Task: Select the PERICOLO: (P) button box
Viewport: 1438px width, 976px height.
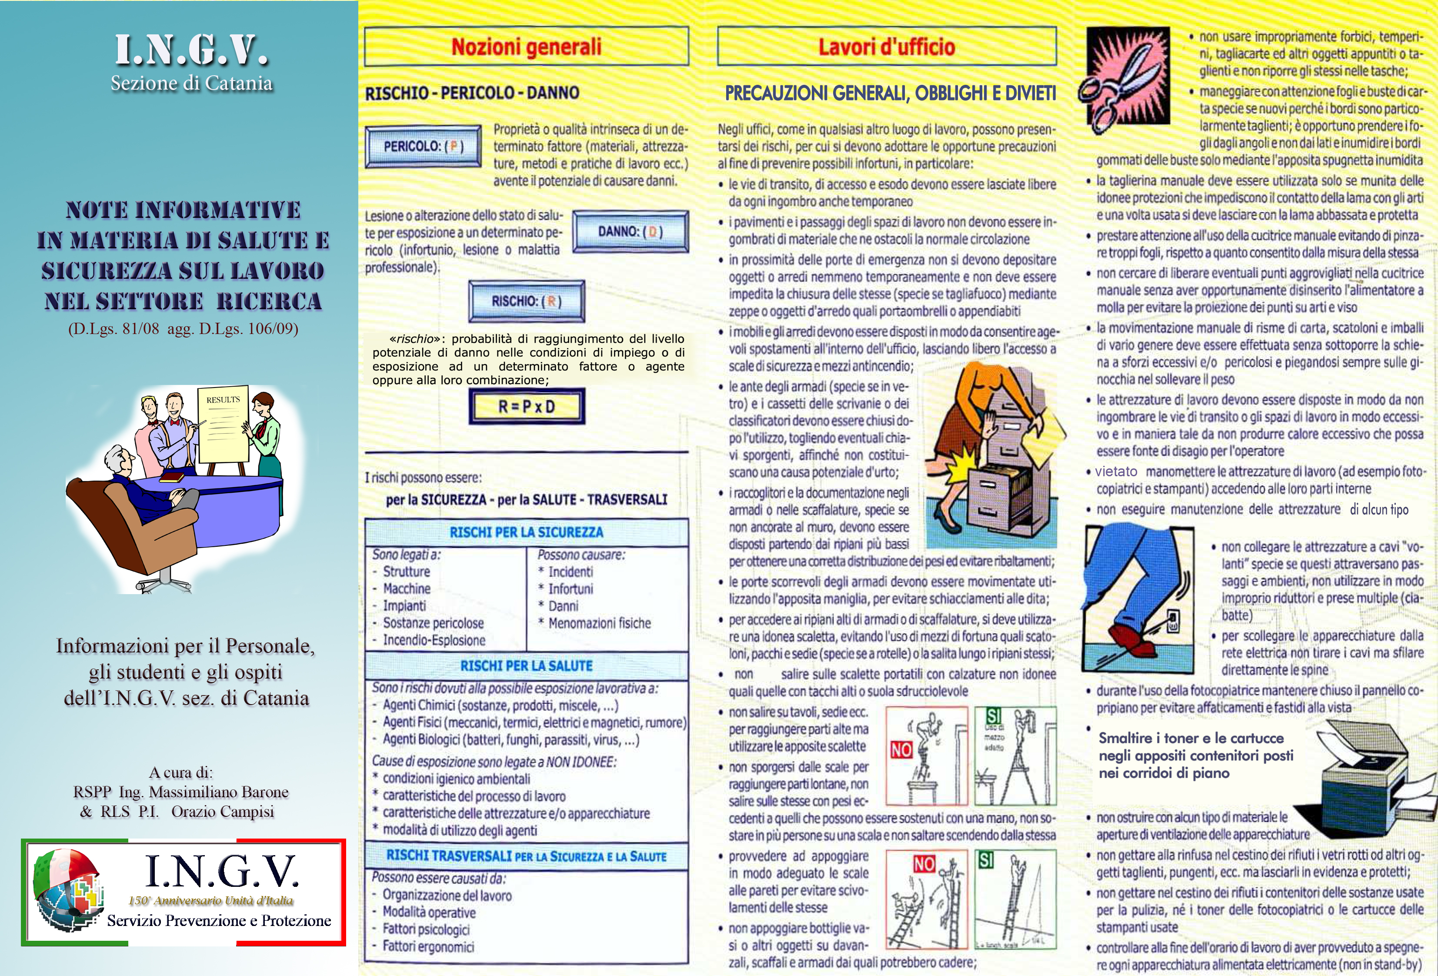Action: pos(423,147)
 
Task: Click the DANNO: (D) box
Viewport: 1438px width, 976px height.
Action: pos(630,231)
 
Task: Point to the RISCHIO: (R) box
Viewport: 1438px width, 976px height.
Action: pos(527,301)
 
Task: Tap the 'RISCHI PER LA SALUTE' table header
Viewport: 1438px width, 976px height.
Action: pos(526,666)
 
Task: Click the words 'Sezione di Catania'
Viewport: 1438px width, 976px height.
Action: pos(191,83)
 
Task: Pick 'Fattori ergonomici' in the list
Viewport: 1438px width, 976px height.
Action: pos(428,946)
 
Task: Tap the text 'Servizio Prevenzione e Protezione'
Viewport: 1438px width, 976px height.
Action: pos(219,920)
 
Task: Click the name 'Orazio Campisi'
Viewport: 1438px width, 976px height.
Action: pos(222,811)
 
